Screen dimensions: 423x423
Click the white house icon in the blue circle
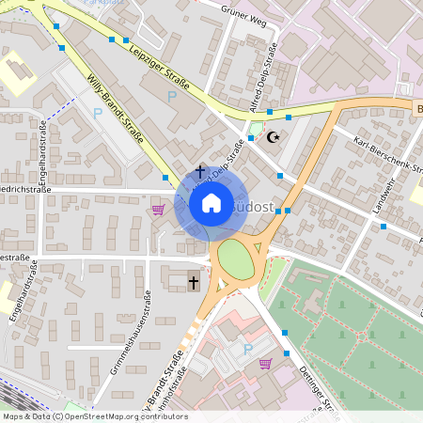click(x=211, y=203)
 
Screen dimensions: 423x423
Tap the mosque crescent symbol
click(x=274, y=137)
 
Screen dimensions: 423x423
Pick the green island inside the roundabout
click(x=236, y=259)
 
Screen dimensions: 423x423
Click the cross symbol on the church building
click(x=194, y=282)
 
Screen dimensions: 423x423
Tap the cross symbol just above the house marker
click(x=199, y=172)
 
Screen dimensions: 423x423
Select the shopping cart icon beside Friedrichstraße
click(x=158, y=210)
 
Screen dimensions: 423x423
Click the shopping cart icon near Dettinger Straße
click(x=266, y=363)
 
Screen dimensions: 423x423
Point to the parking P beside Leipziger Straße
click(x=171, y=96)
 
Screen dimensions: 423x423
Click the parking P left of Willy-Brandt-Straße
click(x=98, y=113)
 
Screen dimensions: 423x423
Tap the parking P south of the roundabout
click(x=248, y=349)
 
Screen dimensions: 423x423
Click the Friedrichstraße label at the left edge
click(x=24, y=188)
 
